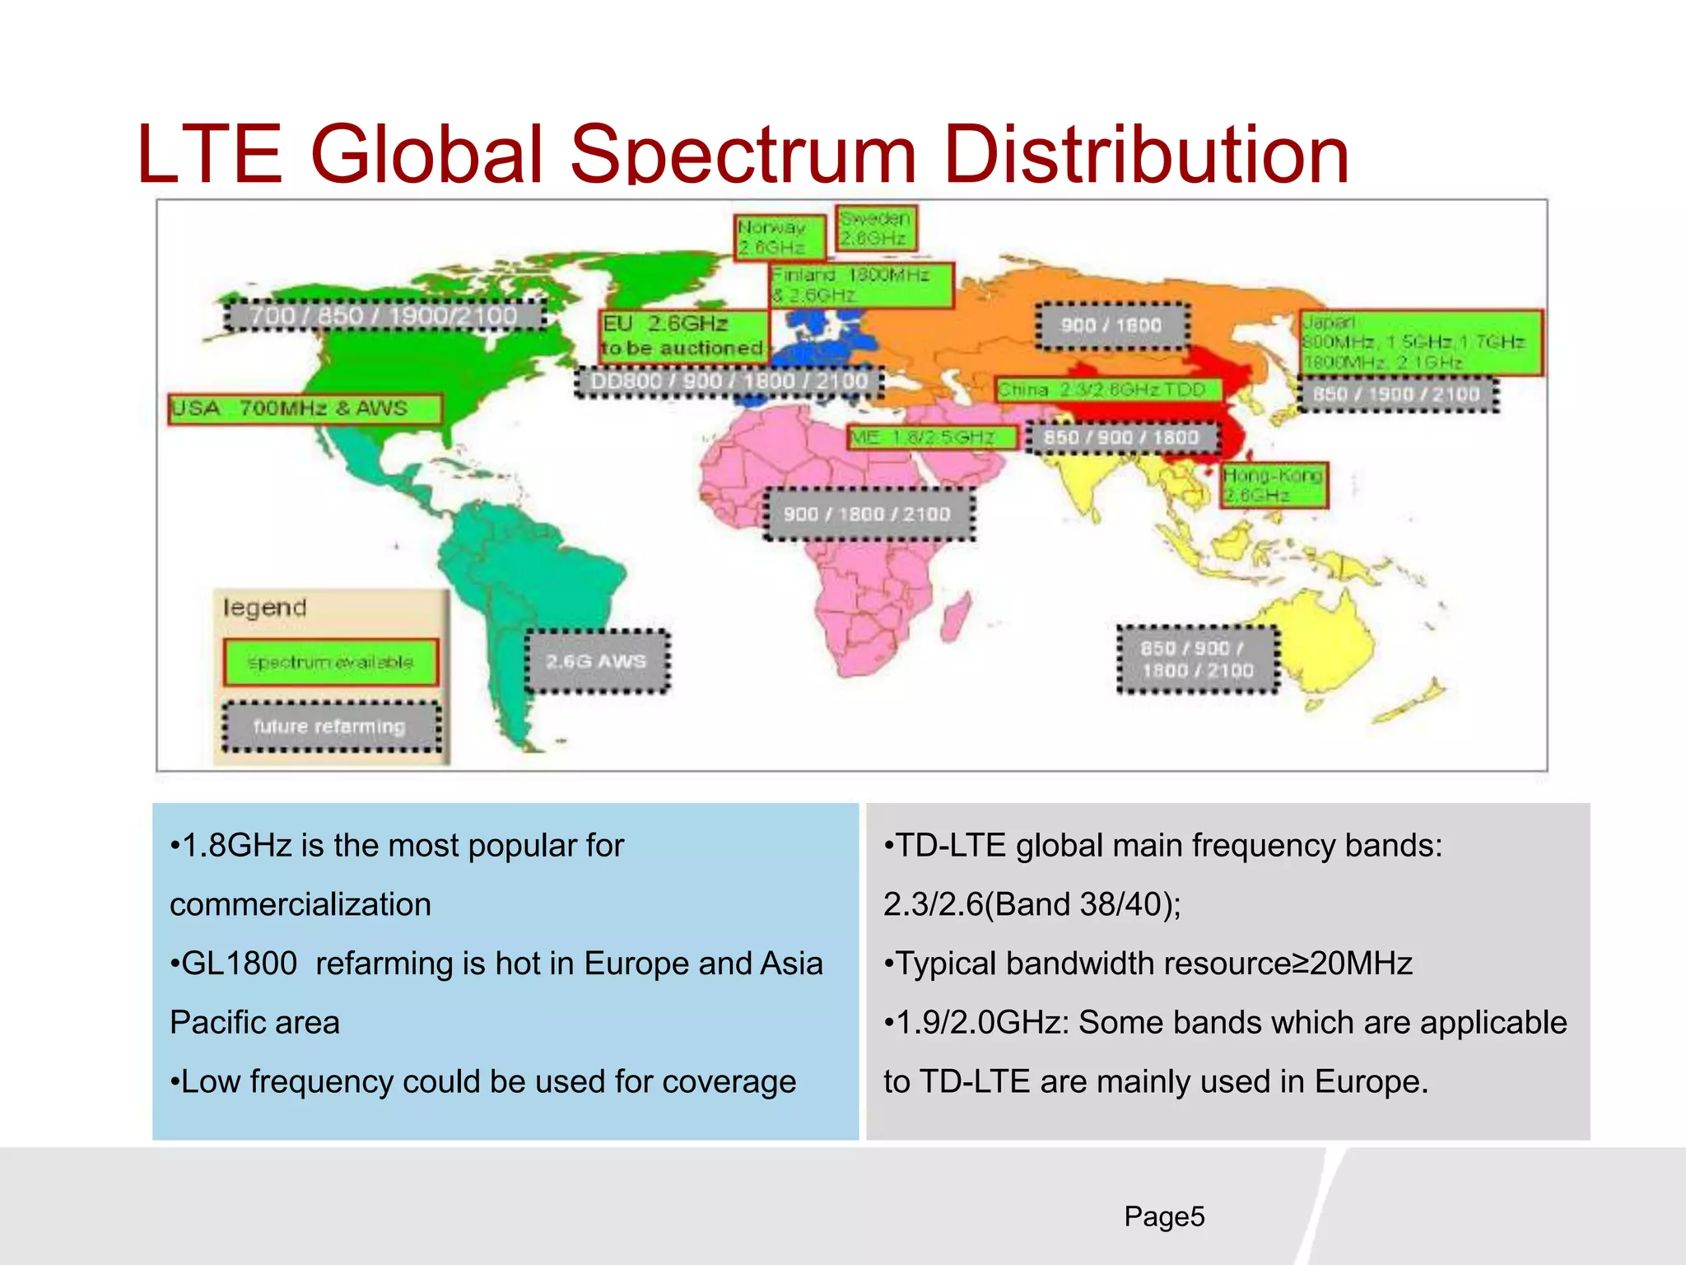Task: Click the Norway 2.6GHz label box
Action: (779, 237)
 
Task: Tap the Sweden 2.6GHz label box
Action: (875, 228)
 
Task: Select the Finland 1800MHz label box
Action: (861, 285)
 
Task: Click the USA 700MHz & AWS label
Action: (305, 408)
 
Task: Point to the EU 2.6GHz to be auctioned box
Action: (683, 336)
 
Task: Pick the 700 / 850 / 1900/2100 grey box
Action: (384, 315)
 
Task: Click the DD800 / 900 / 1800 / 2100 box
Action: (729, 381)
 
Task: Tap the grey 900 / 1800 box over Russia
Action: (1111, 325)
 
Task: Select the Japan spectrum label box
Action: (1420, 343)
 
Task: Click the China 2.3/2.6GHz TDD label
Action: (1107, 390)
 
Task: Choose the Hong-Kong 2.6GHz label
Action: (1273, 485)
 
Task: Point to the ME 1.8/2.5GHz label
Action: (932, 437)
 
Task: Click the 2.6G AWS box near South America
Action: (597, 661)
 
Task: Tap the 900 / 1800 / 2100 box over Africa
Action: (868, 514)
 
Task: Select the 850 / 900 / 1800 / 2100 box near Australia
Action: (1198, 660)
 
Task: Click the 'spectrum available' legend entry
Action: (330, 662)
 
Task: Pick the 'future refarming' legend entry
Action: (330, 726)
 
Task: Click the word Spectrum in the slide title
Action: (743, 155)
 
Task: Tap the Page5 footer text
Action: (1164, 1216)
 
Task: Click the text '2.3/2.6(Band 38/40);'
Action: (1032, 904)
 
